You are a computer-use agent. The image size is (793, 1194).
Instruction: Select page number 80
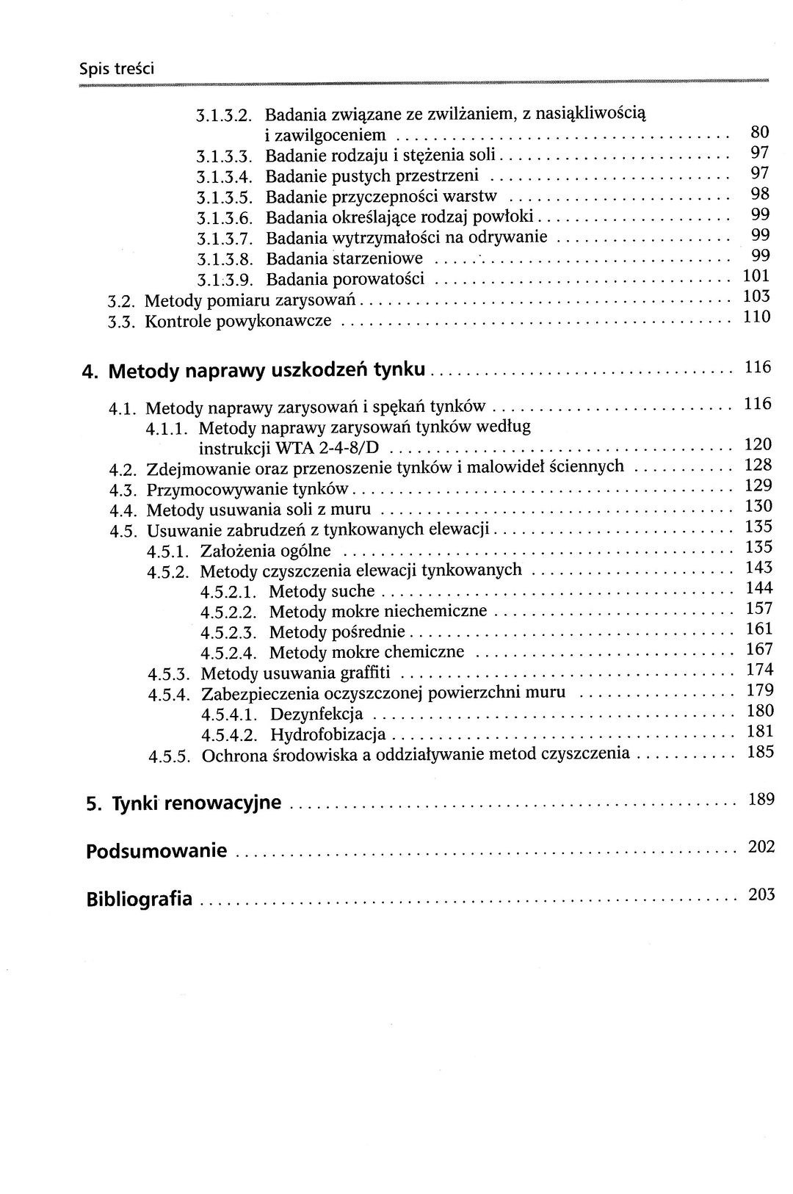[759, 133]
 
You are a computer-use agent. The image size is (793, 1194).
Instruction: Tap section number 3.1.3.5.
[225, 198]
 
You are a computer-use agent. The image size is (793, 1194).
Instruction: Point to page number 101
[756, 276]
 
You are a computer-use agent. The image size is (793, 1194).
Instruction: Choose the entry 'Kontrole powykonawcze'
[238, 321]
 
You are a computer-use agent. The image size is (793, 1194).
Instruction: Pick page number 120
[758, 444]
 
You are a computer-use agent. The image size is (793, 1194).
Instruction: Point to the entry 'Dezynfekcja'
[316, 714]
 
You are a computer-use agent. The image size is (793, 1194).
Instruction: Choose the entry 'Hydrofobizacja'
[327, 734]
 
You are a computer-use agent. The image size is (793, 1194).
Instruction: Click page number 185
[759, 751]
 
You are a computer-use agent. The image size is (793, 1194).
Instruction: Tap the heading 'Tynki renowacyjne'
[196, 803]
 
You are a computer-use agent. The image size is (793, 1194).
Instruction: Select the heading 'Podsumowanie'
[156, 852]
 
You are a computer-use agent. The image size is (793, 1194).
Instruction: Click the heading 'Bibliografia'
[140, 899]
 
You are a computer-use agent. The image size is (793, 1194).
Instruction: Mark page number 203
[761, 894]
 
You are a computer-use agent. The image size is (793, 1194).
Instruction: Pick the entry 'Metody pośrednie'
[337, 632]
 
